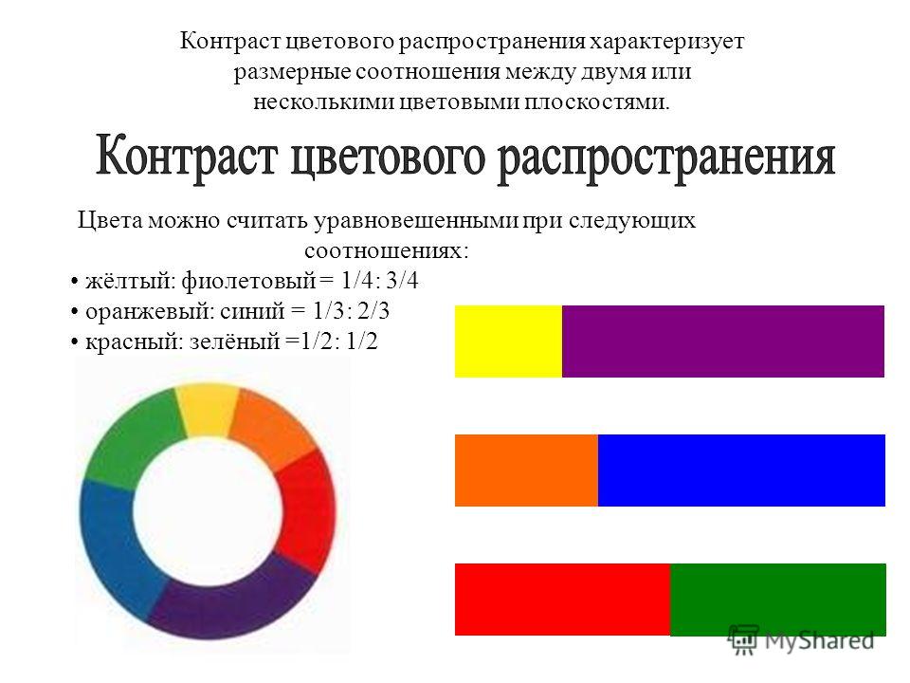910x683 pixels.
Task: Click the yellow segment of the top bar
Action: click(508, 341)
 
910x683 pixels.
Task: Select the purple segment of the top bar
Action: click(723, 341)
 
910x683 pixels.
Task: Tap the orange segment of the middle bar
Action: click(526, 471)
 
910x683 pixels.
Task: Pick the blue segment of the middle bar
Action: click(741, 471)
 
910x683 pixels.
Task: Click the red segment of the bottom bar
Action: click(562, 600)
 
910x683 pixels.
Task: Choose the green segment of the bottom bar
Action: click(778, 600)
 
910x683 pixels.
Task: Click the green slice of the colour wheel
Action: click(134, 436)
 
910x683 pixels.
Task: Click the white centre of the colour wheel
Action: click(208, 511)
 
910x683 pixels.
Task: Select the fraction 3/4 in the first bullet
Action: click(402, 281)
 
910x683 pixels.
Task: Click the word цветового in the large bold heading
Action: click(387, 157)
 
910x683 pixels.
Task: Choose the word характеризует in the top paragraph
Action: click(666, 43)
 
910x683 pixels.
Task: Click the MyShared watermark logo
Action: click(802, 640)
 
